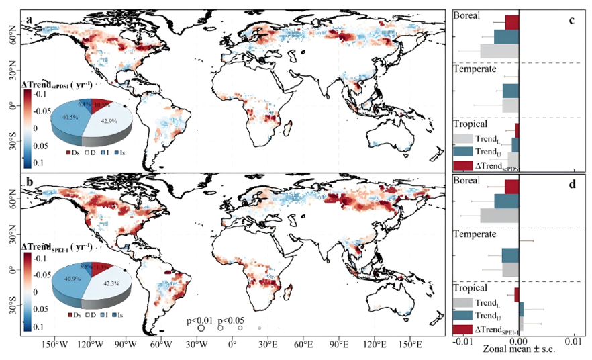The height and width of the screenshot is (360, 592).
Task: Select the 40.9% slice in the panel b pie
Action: point(60,277)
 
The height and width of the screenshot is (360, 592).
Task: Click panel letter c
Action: point(571,19)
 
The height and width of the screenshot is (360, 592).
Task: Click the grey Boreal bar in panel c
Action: point(499,51)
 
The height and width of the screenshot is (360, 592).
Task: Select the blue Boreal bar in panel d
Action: point(506,201)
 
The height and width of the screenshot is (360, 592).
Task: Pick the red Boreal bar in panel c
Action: point(511,22)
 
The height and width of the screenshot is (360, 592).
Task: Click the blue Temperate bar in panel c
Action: point(510,91)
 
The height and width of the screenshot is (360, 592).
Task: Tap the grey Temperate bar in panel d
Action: point(509,270)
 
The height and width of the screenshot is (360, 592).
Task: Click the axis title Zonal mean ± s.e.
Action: point(519,351)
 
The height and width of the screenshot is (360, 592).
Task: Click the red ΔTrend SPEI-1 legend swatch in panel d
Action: point(462,330)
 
